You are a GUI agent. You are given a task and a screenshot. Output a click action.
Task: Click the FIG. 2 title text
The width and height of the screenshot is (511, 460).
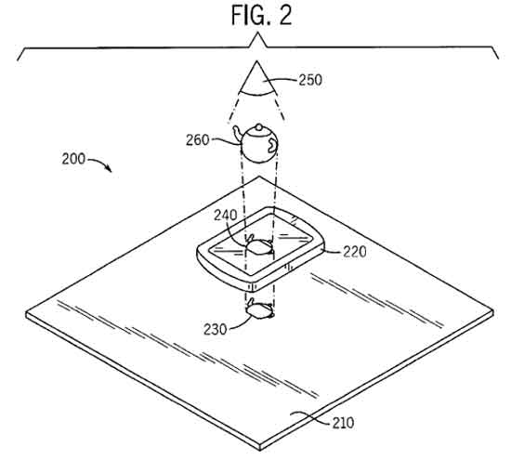coord(261,15)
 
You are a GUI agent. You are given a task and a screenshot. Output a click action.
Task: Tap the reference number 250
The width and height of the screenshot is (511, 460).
coord(310,80)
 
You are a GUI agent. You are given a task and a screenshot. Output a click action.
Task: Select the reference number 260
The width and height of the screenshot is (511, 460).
coord(198,140)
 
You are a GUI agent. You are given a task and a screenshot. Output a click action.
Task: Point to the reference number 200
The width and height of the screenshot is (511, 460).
coord(73,159)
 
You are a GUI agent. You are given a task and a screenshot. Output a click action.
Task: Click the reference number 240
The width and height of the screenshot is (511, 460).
coord(226,216)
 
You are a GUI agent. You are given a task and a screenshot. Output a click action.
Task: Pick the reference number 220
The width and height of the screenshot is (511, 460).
coord(355,252)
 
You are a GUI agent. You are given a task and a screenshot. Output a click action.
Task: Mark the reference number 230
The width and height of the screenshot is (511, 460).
coord(216,329)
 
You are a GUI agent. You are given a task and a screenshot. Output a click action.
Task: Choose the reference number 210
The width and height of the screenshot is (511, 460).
coord(343,423)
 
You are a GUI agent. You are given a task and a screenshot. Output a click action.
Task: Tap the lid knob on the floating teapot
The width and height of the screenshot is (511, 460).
coord(258,126)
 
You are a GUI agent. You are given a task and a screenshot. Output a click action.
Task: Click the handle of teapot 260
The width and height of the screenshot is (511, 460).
coord(272,145)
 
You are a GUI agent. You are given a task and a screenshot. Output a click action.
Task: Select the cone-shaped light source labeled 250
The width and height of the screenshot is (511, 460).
coord(257,78)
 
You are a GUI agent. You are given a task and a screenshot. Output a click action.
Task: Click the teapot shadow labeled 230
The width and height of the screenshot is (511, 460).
coord(260,309)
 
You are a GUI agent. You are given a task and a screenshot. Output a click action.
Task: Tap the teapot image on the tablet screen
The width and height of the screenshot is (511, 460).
coord(260,245)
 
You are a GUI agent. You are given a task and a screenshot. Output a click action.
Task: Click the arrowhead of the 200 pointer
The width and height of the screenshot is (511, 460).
coord(110,169)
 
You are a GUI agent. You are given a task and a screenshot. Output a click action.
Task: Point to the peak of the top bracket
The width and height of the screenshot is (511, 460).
coord(258,33)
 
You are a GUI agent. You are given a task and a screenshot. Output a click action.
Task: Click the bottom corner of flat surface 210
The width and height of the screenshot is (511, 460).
coord(260,450)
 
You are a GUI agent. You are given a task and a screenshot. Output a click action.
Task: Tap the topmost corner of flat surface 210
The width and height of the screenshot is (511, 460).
coord(259,177)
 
